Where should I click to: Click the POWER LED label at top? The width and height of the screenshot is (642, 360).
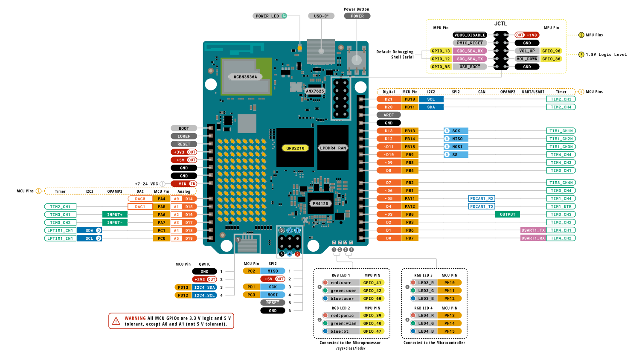pos(267,16)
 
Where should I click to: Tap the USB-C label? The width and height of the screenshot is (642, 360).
pos(321,16)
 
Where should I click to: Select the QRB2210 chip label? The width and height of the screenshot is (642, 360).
pos(295,148)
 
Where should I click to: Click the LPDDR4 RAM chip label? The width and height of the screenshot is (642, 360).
pos(333,148)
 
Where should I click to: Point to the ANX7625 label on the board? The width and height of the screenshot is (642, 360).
pos(315,91)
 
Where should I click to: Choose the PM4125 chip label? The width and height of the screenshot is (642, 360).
pos(320,203)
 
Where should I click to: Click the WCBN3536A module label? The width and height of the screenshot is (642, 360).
pos(245,77)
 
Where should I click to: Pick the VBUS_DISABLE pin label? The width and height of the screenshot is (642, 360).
pos(470,35)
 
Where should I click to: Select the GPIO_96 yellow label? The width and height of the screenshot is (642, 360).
pos(551,51)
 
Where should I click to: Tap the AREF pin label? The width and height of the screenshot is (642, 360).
pos(389,115)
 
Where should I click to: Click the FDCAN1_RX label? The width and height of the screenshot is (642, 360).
pos(482,198)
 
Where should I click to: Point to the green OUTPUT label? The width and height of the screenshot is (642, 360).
pos(508,215)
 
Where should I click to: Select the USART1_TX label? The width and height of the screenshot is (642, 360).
pos(533,230)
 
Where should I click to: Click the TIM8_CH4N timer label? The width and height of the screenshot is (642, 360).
pos(561,183)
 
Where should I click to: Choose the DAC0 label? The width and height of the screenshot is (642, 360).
pos(140,199)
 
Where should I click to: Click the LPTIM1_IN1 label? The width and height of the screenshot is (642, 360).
pos(60,238)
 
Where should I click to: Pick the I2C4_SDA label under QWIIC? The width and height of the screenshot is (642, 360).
pos(205,287)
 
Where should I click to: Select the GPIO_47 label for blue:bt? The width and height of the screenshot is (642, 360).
pos(372,331)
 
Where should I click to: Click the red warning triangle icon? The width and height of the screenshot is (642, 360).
pos(116,321)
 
